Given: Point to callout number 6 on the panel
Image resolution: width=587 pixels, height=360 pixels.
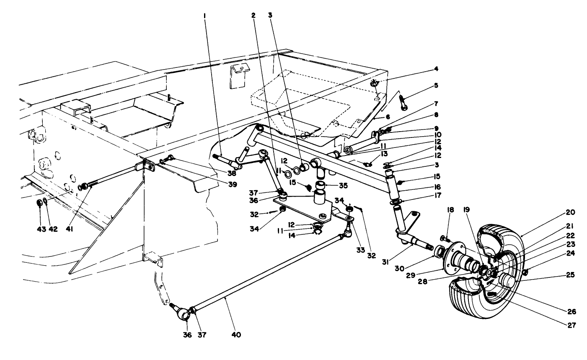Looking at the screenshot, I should (x=388, y=117).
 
